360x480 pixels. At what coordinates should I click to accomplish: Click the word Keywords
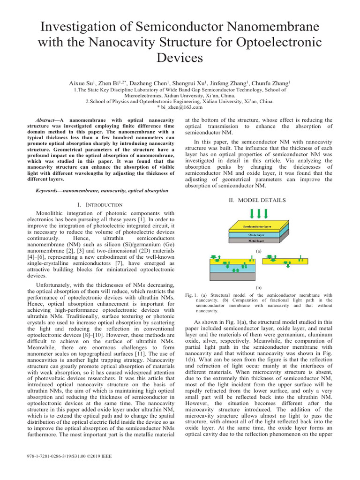tap(48, 191)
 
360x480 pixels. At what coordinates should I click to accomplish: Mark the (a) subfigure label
tap(258, 251)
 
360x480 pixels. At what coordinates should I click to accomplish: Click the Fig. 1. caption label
tap(191, 295)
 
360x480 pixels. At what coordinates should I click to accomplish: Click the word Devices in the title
tap(180, 58)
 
